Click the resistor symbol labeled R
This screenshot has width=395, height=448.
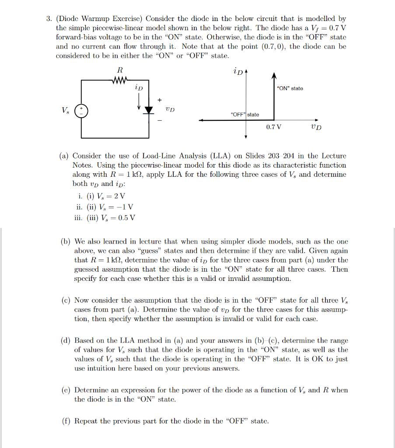point(119,80)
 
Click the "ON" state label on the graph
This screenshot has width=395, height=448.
point(290,88)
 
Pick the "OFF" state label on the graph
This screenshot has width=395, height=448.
point(245,115)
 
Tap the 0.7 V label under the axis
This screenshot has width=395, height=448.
point(274,127)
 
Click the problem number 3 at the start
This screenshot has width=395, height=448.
point(49,19)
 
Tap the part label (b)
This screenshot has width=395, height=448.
point(65,241)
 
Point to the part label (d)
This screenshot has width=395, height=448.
point(65,340)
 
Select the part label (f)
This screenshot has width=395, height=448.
point(65,421)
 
